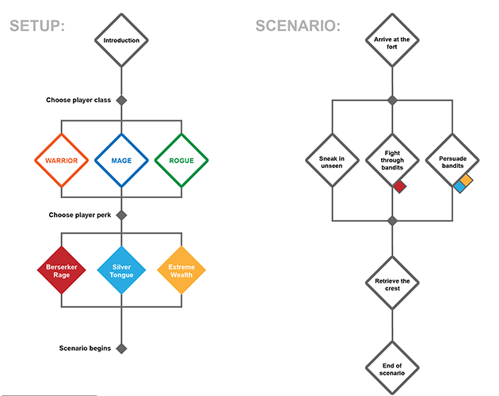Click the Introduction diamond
tap(121, 40)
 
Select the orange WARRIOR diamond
tap(61, 161)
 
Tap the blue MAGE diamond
tap(121, 161)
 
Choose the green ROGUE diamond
tap(181, 161)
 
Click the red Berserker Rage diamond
tap(61, 269)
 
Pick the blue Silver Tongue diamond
tap(121, 269)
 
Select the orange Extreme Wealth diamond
tap(181, 269)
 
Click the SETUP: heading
tap(37, 25)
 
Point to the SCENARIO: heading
tap(298, 25)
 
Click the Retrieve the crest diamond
tap(391, 284)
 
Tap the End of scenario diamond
tap(391, 367)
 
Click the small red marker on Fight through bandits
tap(400, 187)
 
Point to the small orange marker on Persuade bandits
tap(467, 181)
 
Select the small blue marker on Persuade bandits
tap(459, 188)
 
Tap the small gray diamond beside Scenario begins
tap(121, 348)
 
